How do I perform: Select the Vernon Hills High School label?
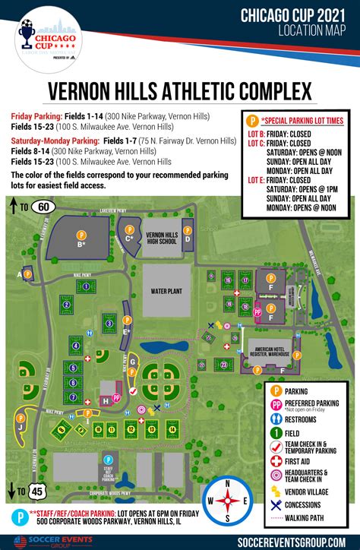pyautogui.click(x=161, y=239)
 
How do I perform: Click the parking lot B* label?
pyautogui.click(x=80, y=245)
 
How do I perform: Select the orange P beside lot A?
pyautogui.click(x=28, y=272)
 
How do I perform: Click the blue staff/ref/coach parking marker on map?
pyautogui.click(x=107, y=460)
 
